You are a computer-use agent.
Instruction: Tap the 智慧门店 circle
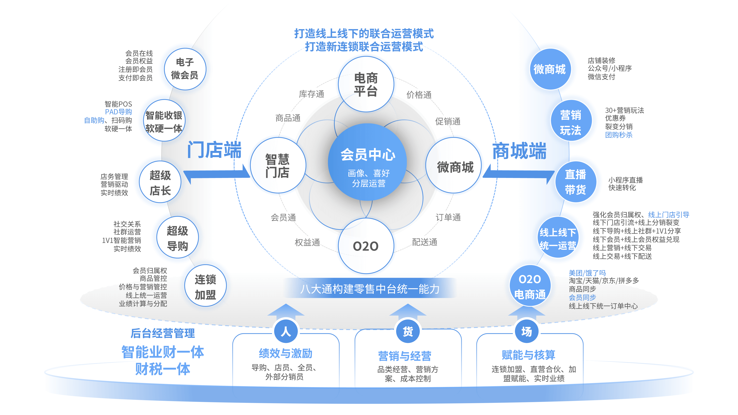(278, 165)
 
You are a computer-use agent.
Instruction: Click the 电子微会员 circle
(185, 69)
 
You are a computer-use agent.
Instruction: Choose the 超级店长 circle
(160, 182)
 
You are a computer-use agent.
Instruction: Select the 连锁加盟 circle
(205, 286)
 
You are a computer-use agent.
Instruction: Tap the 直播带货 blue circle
(576, 182)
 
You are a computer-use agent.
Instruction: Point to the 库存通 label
(311, 94)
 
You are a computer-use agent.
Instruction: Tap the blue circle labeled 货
(408, 332)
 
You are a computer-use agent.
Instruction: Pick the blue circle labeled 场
(527, 332)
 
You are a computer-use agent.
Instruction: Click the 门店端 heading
(214, 150)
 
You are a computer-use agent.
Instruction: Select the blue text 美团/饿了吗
(587, 273)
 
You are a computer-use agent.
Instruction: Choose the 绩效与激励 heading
(286, 353)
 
